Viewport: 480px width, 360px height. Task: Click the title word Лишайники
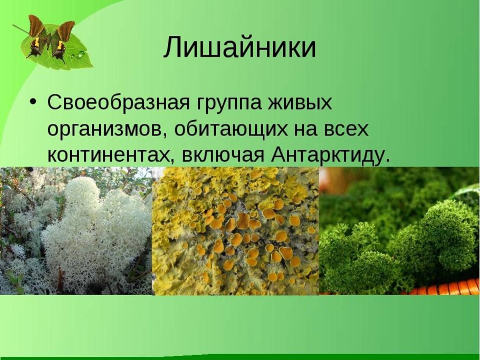(x=239, y=48)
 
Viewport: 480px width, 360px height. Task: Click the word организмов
(x=105, y=130)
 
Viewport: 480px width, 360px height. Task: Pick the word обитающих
(x=233, y=130)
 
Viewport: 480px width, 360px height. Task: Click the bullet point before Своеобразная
(x=34, y=100)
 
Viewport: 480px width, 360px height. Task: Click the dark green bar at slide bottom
(x=240, y=357)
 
